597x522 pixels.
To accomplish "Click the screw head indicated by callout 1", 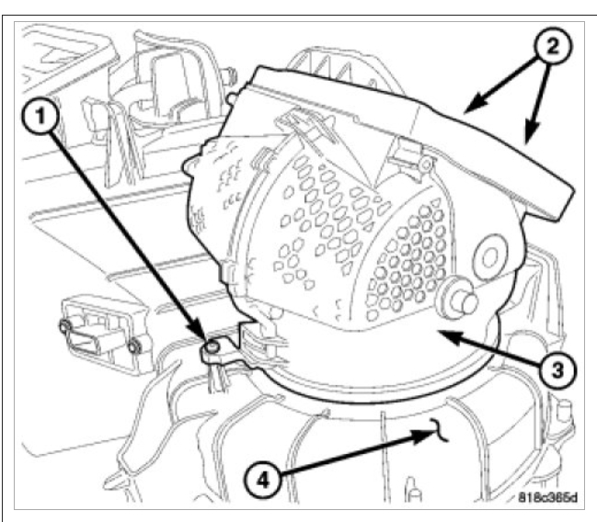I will tap(211, 346).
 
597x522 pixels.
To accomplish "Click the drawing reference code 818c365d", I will tap(545, 499).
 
